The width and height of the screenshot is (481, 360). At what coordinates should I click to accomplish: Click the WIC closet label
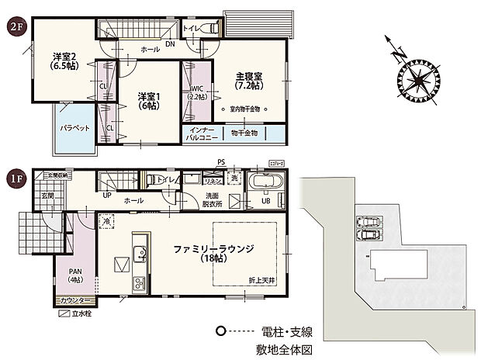pyautogui.click(x=196, y=93)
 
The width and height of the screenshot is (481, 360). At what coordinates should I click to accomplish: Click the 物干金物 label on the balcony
pyautogui.click(x=248, y=133)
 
